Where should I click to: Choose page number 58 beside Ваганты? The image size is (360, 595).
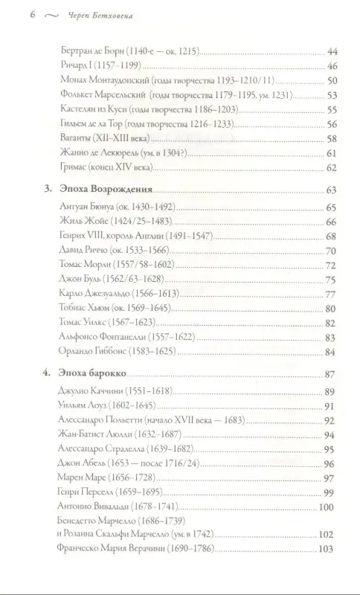point(332,138)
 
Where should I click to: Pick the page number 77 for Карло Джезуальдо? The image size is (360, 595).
point(332,295)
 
